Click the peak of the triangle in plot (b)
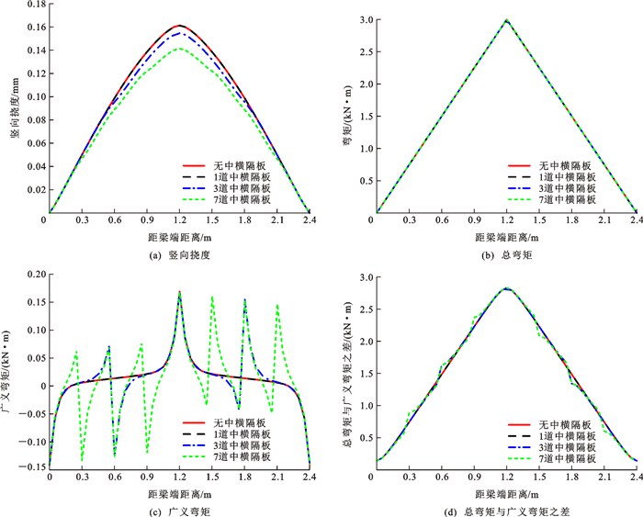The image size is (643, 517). [506, 19]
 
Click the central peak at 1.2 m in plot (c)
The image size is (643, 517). [179, 292]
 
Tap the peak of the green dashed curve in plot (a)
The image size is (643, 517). [179, 49]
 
